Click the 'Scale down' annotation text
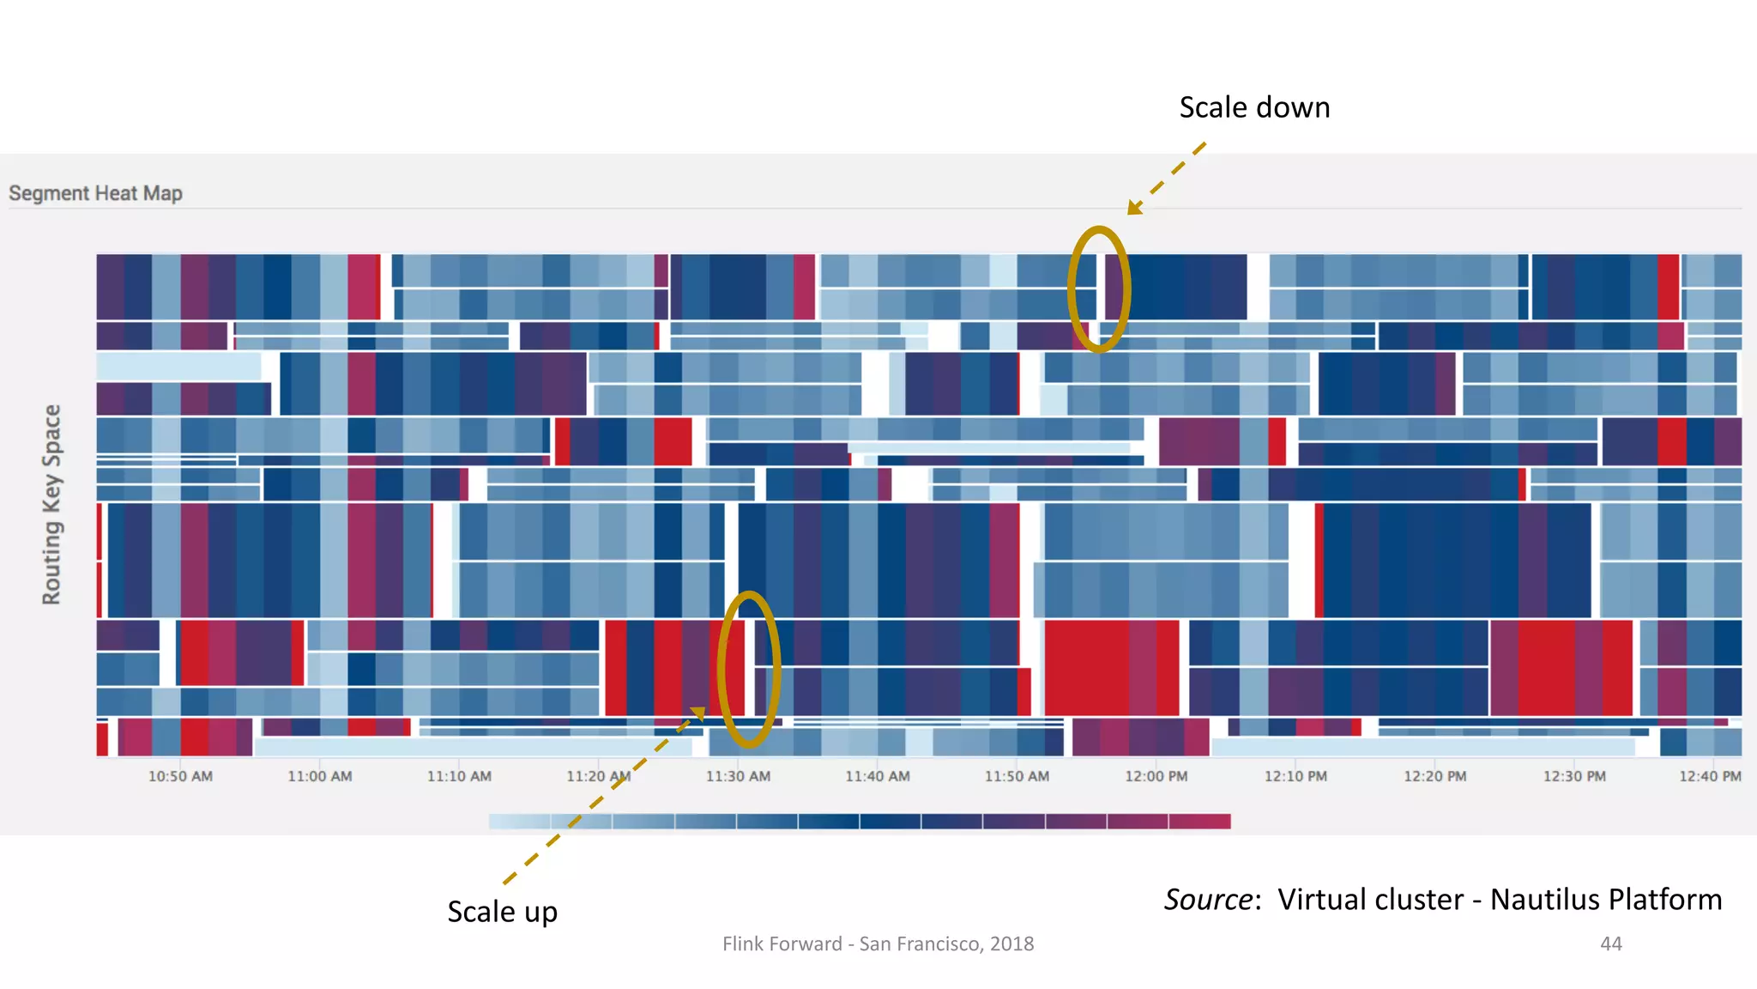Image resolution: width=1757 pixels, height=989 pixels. pos(1253,108)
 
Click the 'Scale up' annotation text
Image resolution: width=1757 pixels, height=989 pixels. pos(502,912)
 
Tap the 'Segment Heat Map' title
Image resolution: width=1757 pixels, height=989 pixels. pos(95,193)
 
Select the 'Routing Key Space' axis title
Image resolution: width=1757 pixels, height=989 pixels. pos(51,504)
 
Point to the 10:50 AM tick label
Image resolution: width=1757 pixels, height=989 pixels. pos(180,776)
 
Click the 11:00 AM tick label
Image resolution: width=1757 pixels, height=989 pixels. pos(319,776)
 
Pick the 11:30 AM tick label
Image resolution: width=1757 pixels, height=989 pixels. pos(738,776)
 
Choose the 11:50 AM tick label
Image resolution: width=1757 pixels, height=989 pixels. pos(1017,776)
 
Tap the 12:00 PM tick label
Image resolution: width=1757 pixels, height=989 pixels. pos(1156,776)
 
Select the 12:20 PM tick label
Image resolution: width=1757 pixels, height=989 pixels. pos(1434,776)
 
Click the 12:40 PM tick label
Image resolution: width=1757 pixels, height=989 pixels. pos(1709,776)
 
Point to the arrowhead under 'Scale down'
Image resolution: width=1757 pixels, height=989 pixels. pos(1134,208)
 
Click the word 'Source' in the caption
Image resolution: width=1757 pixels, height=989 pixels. pos(1207,900)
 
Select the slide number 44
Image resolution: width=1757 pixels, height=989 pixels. pos(1610,943)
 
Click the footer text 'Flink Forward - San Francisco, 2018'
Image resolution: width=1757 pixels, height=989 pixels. pos(878,943)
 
